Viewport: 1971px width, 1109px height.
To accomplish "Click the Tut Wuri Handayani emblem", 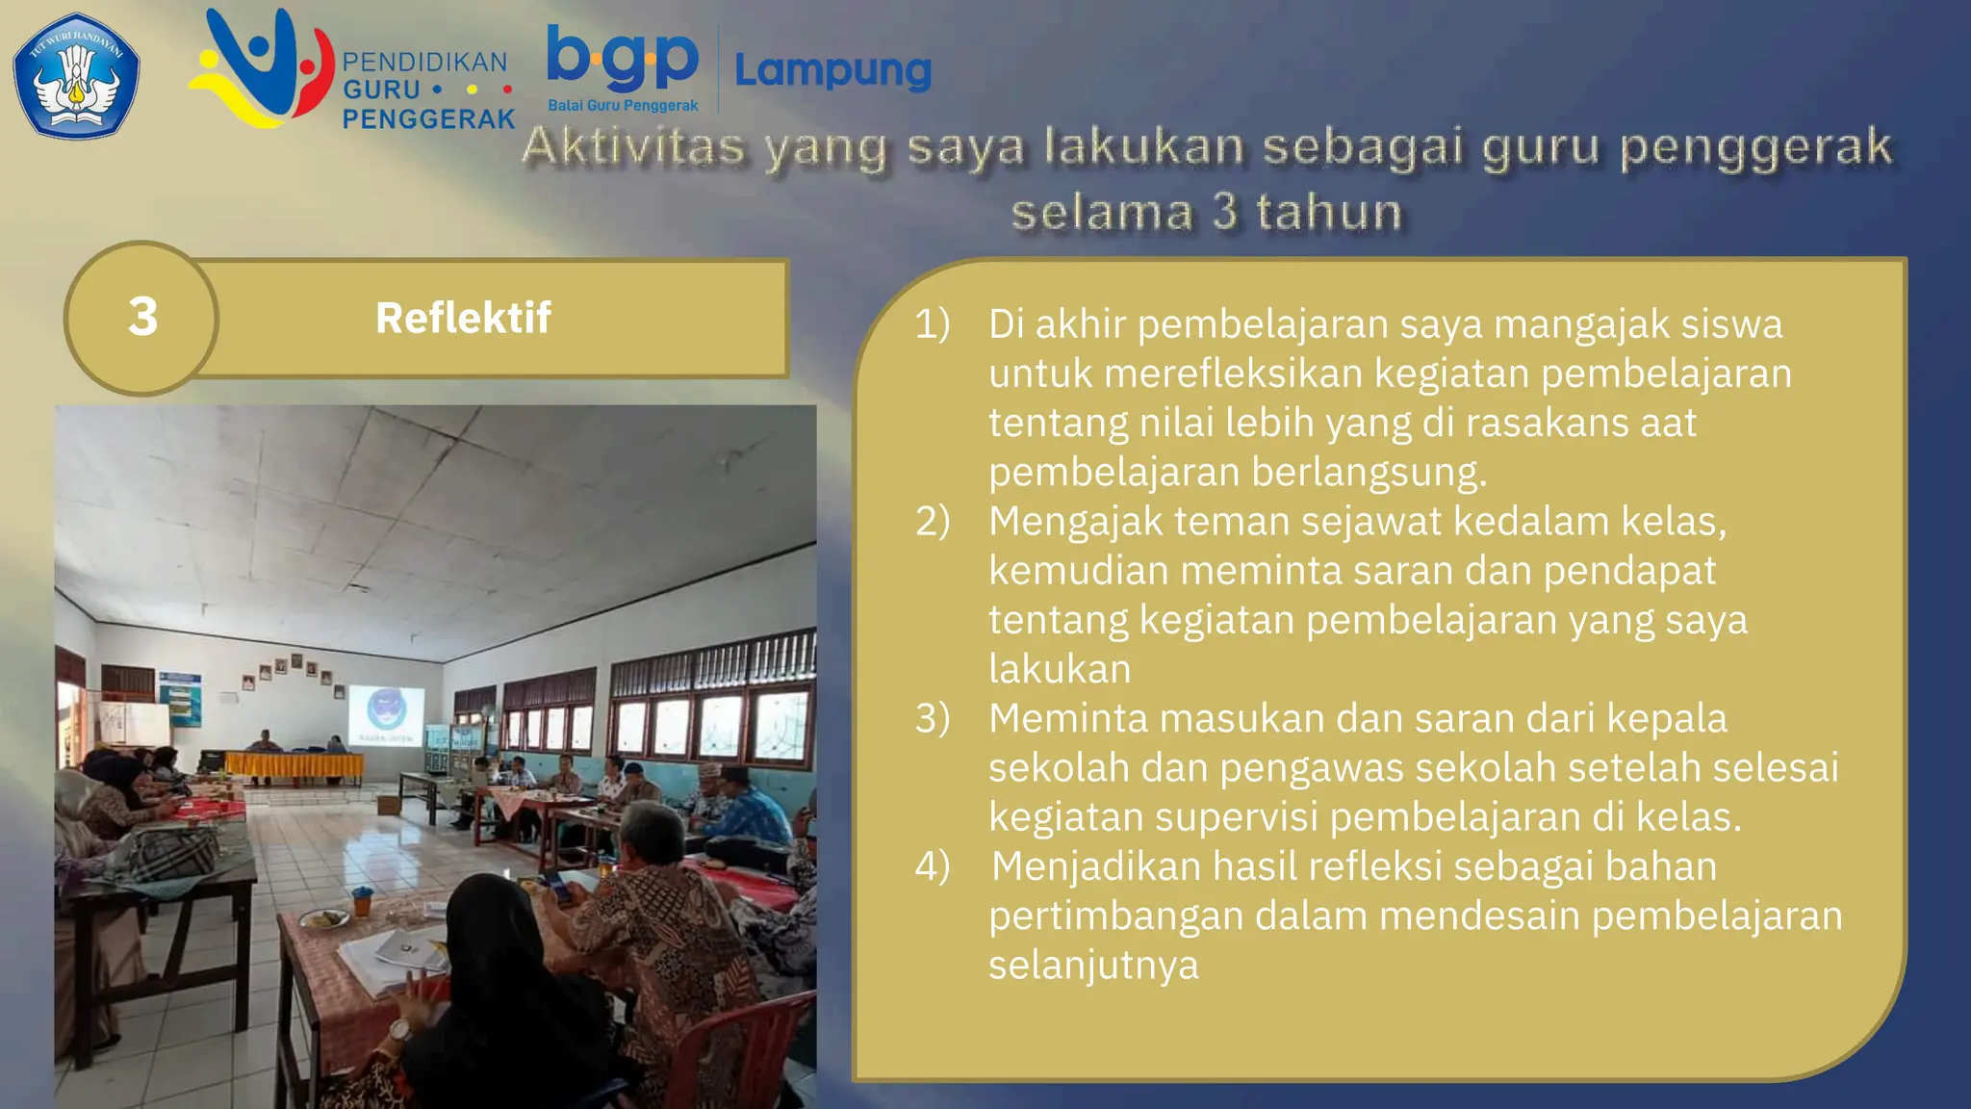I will coord(76,75).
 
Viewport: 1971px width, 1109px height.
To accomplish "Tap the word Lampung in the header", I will coord(832,70).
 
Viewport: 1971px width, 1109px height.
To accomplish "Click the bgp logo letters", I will coord(623,58).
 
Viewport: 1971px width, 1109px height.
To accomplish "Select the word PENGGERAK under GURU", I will coord(429,119).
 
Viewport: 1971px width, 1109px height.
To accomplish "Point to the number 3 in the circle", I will coord(142,317).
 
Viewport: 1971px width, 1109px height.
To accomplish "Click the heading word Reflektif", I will coord(463,318).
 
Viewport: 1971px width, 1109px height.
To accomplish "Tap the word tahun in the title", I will coord(1328,212).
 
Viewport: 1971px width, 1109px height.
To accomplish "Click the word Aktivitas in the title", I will coord(633,147).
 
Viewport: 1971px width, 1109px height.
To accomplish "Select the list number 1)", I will coord(932,324).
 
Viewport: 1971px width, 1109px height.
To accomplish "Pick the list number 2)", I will coord(932,521).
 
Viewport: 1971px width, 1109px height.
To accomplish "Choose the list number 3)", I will coord(932,718).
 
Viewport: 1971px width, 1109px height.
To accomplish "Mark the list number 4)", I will coord(932,865).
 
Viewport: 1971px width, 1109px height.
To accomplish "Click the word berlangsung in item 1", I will coord(1369,472).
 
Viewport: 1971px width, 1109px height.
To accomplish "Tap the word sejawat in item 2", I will coord(1370,521).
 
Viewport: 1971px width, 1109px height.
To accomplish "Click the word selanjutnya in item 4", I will coord(1093,965).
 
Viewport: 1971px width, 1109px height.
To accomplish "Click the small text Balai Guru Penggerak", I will coord(623,105).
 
